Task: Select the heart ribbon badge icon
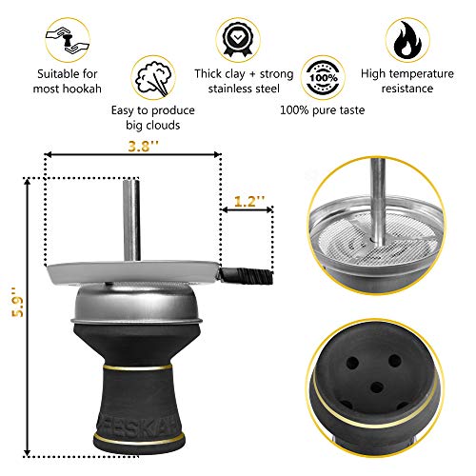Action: point(237,37)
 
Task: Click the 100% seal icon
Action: point(322,74)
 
